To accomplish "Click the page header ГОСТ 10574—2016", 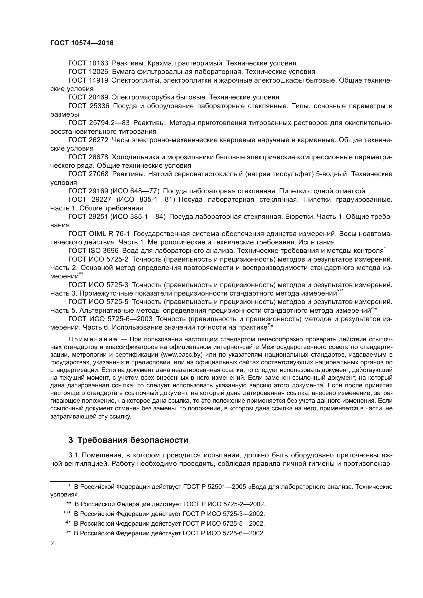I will tap(82, 43).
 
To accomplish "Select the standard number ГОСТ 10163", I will tap(88, 63).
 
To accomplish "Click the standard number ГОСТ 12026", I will tap(88, 72).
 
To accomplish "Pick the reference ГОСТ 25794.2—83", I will tap(99, 123).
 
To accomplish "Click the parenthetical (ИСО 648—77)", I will tap(135, 191).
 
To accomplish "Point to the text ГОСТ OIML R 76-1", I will tap(99, 234).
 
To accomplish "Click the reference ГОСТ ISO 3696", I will tap(93, 251).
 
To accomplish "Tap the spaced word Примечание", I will tap(93, 339).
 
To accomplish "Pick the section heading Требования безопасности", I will tap(133, 440).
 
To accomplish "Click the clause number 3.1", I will tap(73, 455).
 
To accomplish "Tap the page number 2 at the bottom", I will tap(52, 543).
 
